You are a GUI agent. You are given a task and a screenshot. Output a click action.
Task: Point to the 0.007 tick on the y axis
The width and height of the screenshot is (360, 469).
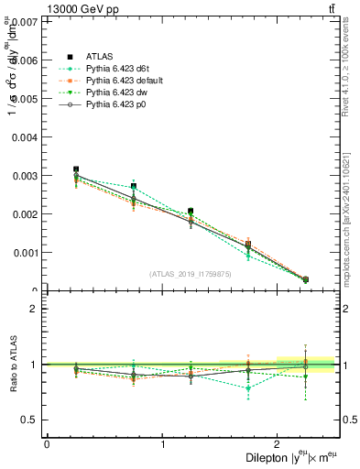click(x=27, y=21)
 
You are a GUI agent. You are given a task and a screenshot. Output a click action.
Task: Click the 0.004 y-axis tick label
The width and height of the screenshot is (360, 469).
click(x=27, y=136)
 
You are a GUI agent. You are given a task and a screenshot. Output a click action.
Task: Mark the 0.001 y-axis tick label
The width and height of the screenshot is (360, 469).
click(x=27, y=252)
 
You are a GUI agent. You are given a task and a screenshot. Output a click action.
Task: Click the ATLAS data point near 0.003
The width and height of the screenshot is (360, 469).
click(x=76, y=169)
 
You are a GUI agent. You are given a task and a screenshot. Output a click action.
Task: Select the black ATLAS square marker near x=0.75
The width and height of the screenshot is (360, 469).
click(x=134, y=186)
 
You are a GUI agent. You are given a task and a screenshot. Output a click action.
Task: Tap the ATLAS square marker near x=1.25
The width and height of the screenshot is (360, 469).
click(x=191, y=212)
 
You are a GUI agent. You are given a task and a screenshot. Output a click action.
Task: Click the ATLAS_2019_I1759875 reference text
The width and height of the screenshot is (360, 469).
click(x=191, y=274)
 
